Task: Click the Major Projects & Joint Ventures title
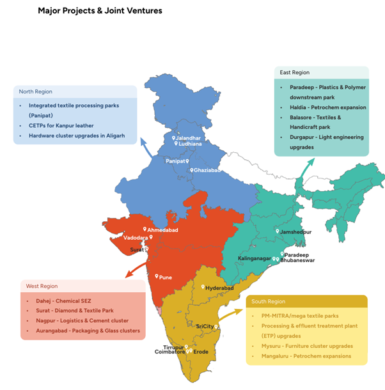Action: coord(100,11)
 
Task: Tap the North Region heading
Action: coord(36,92)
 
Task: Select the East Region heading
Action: coord(295,73)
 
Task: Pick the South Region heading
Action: coord(269,301)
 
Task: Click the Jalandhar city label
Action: coord(190,138)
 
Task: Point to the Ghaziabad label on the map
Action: coord(208,171)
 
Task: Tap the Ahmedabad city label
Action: coord(164,230)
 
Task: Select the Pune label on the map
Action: coord(165,277)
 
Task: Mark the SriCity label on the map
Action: coord(205,326)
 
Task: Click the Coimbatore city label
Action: coord(169,352)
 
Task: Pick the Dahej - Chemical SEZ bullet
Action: coord(60,300)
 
